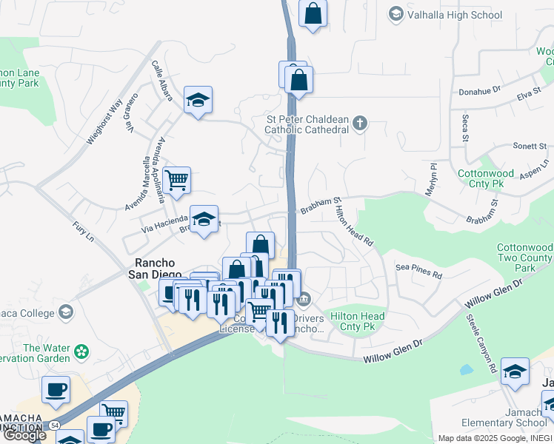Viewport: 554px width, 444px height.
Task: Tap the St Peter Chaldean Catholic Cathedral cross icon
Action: click(x=360, y=124)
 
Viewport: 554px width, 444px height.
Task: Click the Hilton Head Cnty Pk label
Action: click(x=358, y=322)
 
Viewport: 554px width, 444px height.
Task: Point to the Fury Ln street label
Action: click(x=84, y=232)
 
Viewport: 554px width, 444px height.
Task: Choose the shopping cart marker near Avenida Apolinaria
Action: click(x=177, y=180)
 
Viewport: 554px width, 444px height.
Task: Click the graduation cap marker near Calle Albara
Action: click(x=198, y=100)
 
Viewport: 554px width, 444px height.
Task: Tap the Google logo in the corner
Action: click(x=24, y=435)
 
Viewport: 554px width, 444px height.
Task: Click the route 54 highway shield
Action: click(x=53, y=426)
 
